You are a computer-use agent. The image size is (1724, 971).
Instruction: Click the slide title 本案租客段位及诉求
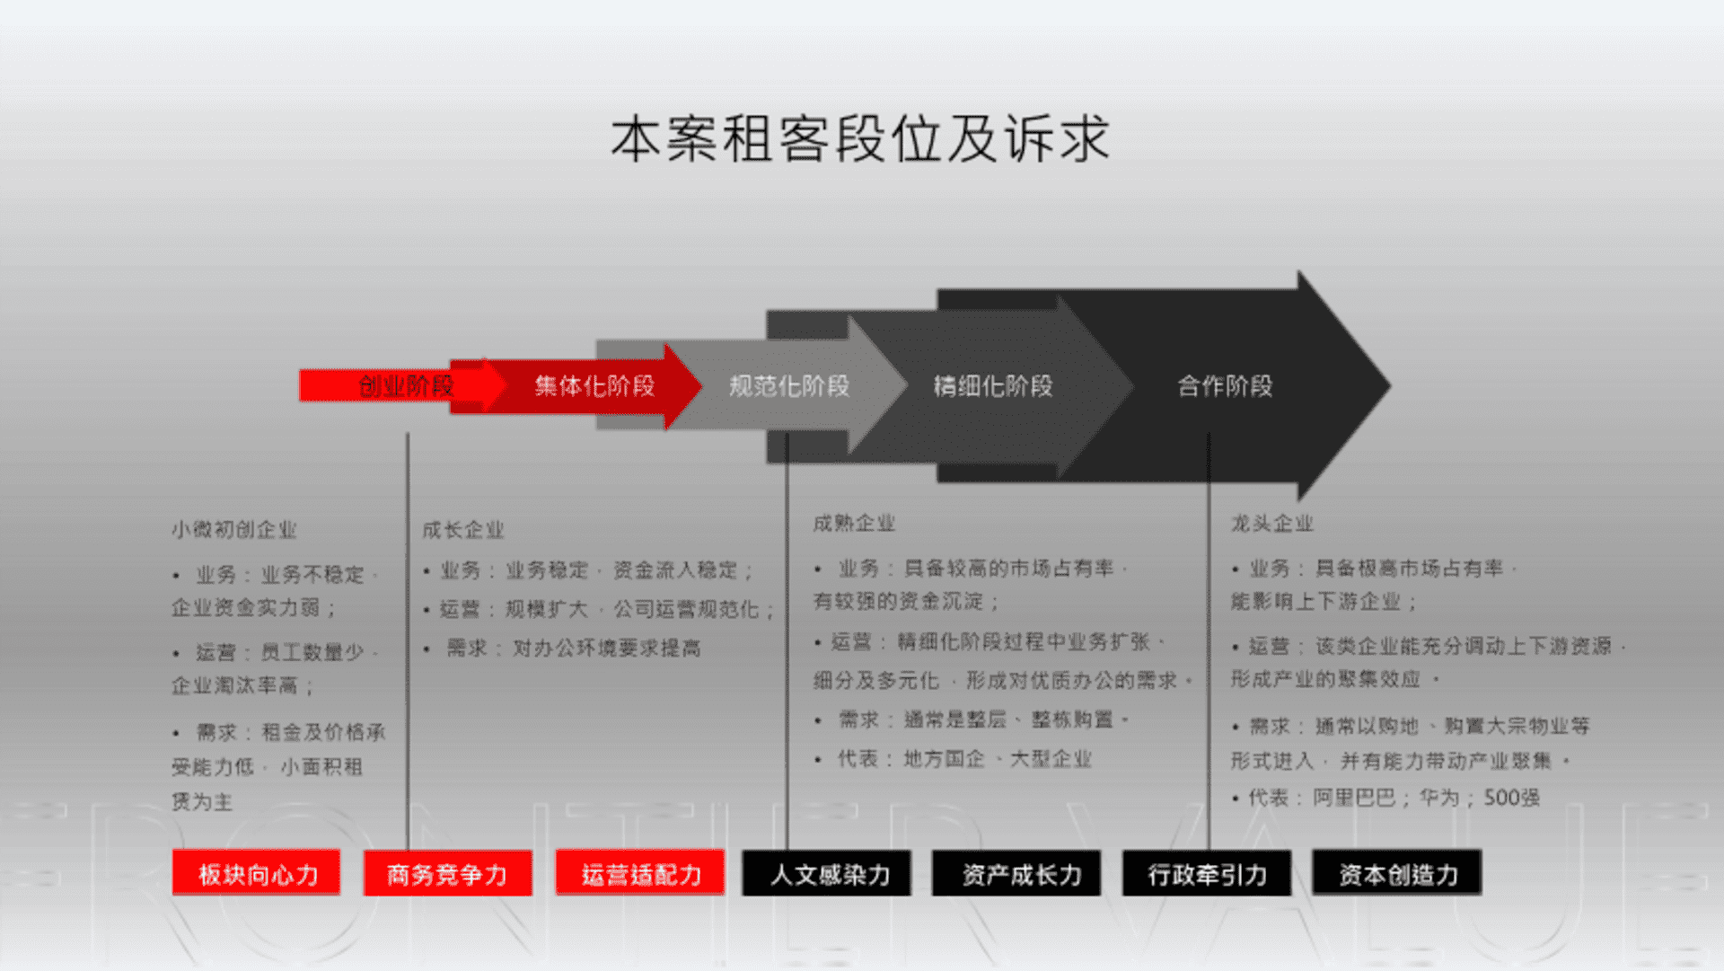pyautogui.click(x=860, y=140)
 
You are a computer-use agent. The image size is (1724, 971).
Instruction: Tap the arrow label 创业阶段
pyautogui.click(x=405, y=386)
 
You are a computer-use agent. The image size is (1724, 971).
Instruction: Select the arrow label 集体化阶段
pyautogui.click(x=594, y=386)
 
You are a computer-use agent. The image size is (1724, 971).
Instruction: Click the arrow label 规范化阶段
pyautogui.click(x=788, y=386)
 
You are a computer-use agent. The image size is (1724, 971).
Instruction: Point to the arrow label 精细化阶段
pyautogui.click(x=992, y=386)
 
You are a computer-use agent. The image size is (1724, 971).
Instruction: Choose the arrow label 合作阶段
pyautogui.click(x=1225, y=386)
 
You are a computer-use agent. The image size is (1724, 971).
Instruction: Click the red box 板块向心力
pyautogui.click(x=257, y=873)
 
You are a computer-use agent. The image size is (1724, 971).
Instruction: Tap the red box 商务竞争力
pyautogui.click(x=447, y=873)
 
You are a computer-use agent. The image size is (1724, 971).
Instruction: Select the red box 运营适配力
pyautogui.click(x=640, y=873)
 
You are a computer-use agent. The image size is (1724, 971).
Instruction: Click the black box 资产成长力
pyautogui.click(x=1017, y=873)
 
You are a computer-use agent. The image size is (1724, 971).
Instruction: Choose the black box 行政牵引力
pyautogui.click(x=1207, y=873)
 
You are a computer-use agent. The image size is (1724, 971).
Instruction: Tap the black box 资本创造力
pyautogui.click(x=1397, y=873)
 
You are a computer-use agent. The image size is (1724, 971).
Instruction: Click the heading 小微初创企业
pyautogui.click(x=234, y=530)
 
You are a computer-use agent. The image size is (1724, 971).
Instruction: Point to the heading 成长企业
pyautogui.click(x=463, y=530)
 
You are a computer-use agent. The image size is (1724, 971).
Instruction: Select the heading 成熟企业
pyautogui.click(x=854, y=523)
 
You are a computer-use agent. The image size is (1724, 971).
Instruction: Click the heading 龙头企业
pyautogui.click(x=1271, y=523)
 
